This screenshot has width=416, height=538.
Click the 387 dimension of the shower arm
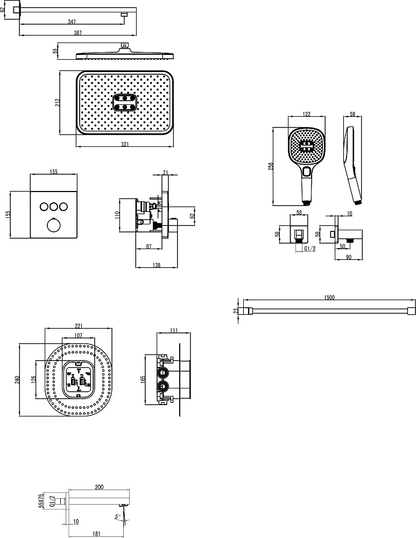(78, 33)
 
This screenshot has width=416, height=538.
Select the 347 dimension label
(72, 22)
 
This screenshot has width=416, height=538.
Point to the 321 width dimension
(125, 144)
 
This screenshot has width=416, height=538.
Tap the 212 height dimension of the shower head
(58, 103)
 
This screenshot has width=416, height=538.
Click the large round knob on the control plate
(53, 225)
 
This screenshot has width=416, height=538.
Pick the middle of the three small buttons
(53, 207)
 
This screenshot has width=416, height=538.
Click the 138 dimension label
(156, 265)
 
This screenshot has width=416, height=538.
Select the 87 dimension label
(149, 246)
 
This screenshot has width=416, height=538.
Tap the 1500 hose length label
(329, 298)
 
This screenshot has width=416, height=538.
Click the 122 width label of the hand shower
(307, 114)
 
